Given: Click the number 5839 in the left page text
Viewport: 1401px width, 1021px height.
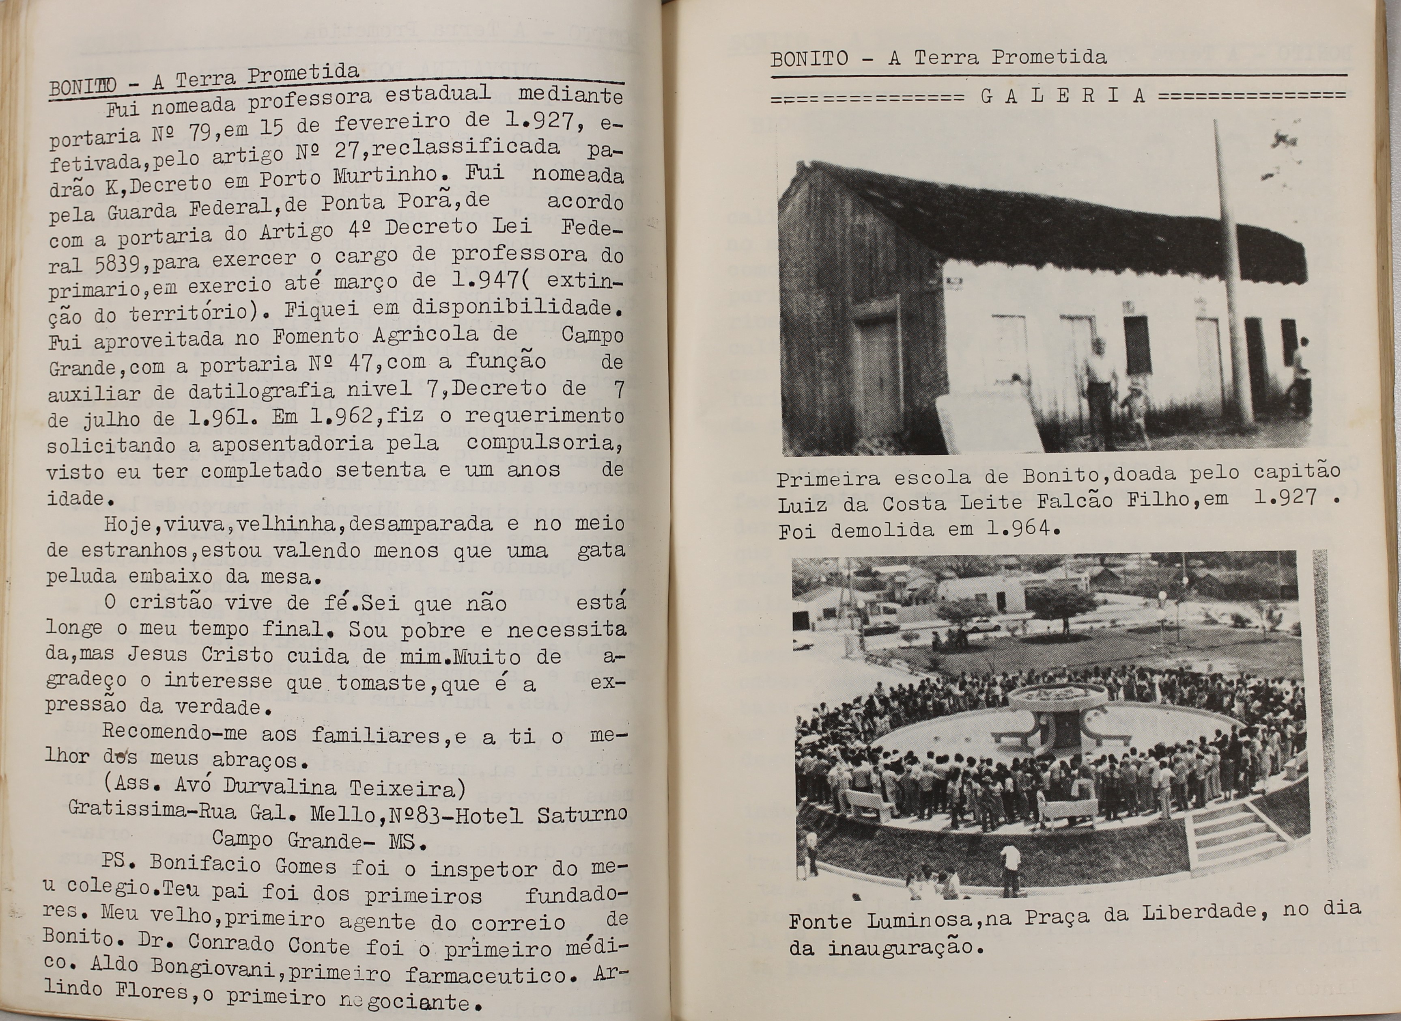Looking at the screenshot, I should [x=118, y=265].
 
